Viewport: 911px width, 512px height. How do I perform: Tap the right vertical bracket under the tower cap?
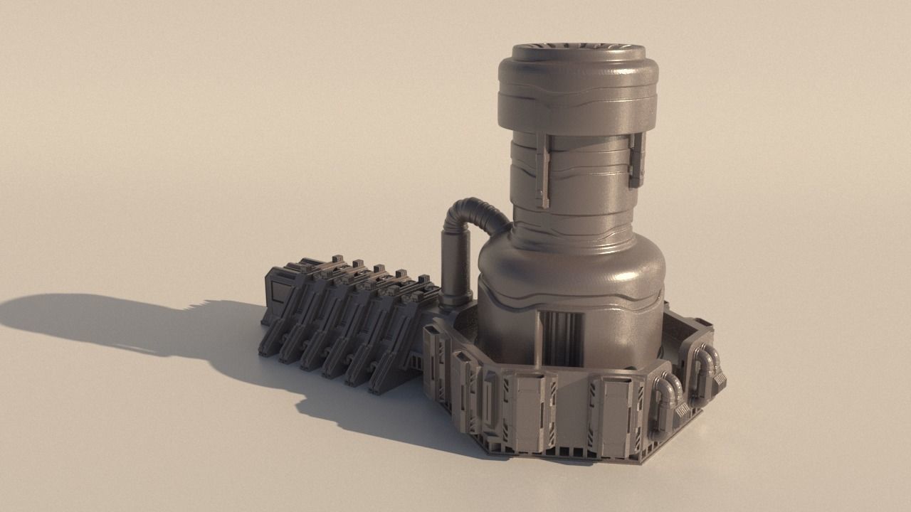click(x=636, y=159)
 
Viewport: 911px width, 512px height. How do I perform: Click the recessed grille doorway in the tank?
click(x=562, y=338)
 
